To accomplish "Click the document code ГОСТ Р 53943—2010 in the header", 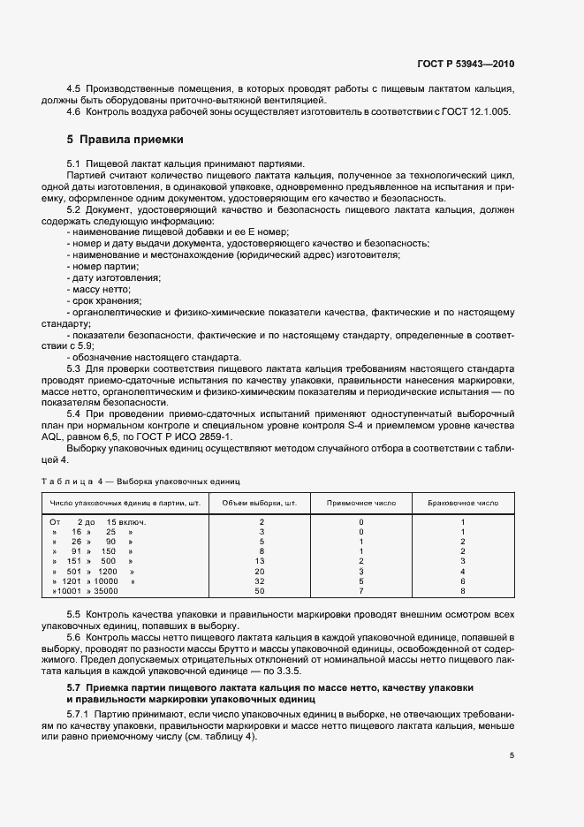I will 466,64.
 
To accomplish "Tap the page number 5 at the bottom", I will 512,755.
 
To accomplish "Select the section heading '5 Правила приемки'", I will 125,140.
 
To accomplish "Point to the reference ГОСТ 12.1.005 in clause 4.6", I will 476,111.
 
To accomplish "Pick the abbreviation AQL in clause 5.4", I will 81,436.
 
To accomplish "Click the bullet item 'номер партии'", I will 98,266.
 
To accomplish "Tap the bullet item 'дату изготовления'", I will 113,277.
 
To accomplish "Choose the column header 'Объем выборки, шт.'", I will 261,502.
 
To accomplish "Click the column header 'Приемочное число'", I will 361,502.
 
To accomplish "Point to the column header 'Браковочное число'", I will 462,502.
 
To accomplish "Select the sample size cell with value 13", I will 261,561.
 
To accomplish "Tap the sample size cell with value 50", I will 261,590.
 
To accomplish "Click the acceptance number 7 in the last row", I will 361,590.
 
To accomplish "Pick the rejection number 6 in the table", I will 462,580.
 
